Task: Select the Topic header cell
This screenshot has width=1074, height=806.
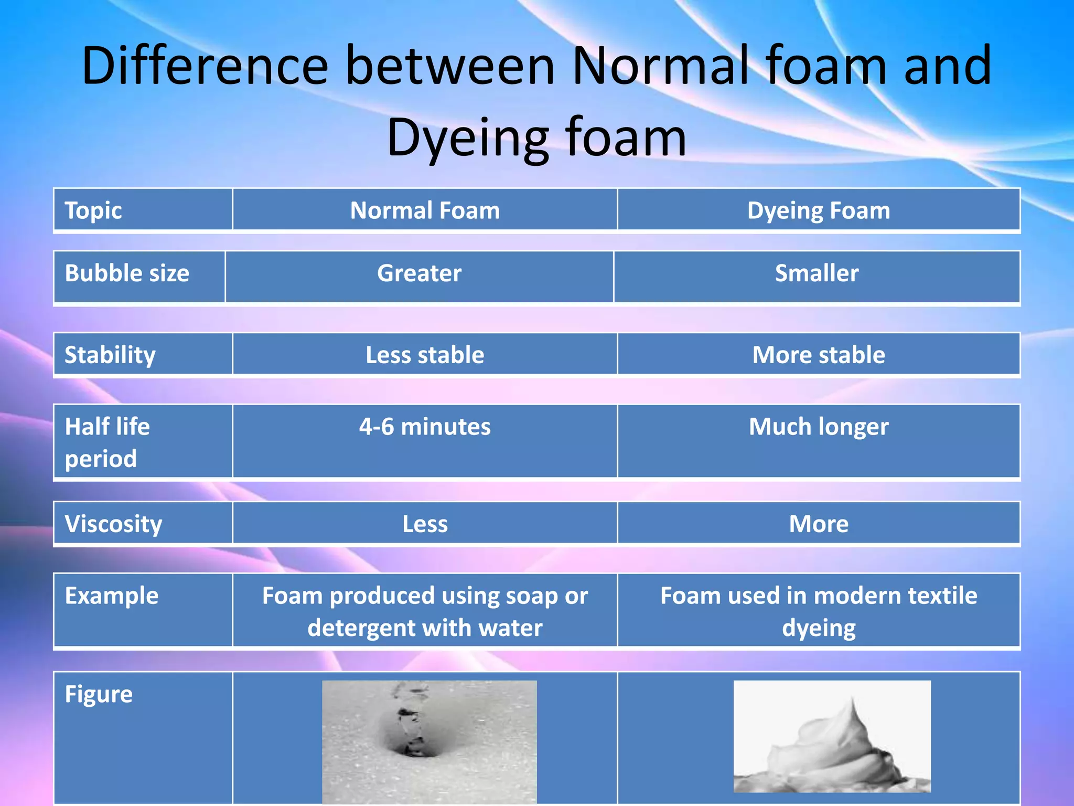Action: pos(93,210)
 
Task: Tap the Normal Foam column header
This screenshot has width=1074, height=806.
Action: pos(425,210)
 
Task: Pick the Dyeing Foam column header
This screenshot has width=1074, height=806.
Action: pos(819,210)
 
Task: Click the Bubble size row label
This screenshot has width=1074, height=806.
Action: pos(127,273)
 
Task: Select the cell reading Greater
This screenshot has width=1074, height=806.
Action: pos(419,273)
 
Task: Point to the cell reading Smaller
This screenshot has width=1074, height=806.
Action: pos(817,273)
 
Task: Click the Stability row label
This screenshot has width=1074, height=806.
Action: pos(110,355)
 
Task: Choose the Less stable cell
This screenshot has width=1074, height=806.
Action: pos(425,355)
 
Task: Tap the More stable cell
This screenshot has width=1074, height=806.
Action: pos(819,355)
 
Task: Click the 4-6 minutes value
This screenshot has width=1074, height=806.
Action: pos(425,427)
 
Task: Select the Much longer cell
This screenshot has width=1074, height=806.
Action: pos(819,427)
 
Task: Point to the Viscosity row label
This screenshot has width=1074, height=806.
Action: pos(113,524)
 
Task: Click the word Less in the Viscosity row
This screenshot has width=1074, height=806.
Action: pos(425,524)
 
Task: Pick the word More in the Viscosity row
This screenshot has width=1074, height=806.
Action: pos(819,524)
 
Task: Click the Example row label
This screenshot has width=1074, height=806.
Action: pos(111,596)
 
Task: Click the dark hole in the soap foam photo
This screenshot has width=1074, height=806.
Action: pos(414,748)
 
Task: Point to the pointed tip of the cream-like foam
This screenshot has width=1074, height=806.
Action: pos(852,700)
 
